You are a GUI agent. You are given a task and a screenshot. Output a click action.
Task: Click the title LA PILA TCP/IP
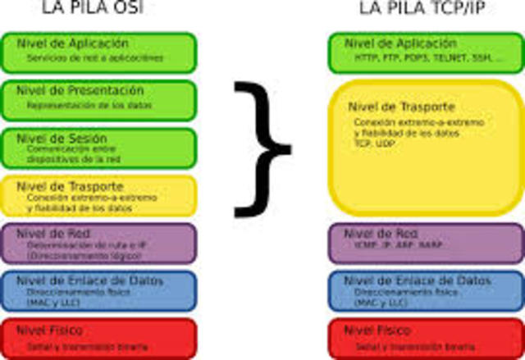[420, 9]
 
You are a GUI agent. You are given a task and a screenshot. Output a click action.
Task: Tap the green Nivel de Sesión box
[98, 148]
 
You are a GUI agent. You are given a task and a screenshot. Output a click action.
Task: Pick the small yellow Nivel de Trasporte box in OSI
[98, 196]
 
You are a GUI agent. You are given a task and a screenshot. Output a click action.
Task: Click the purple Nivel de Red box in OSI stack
[98, 243]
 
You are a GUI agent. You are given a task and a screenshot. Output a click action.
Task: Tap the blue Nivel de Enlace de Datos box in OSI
[98, 290]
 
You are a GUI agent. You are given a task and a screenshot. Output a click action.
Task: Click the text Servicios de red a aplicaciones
[94, 59]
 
